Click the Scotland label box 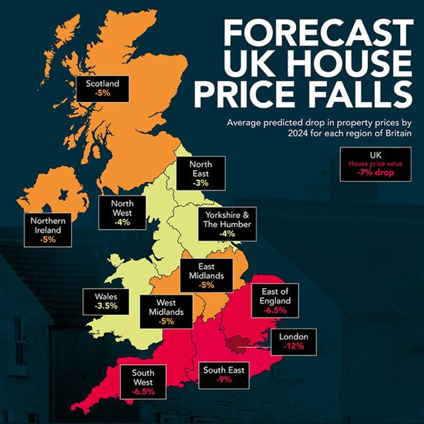click(102, 89)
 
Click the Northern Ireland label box click(48, 230)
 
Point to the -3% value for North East click(200, 183)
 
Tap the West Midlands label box click(166, 312)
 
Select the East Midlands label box click(206, 275)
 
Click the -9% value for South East click(224, 379)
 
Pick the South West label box click(143, 382)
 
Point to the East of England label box click(275, 301)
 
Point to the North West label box click(122, 213)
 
